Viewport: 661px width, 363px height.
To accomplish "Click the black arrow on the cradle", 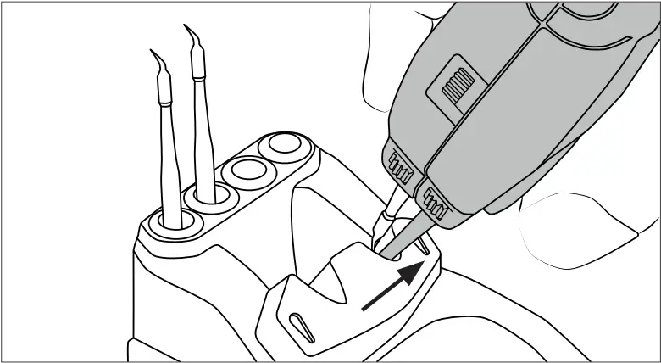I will pos(391,288).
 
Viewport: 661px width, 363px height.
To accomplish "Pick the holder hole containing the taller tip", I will pos(208,197).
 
